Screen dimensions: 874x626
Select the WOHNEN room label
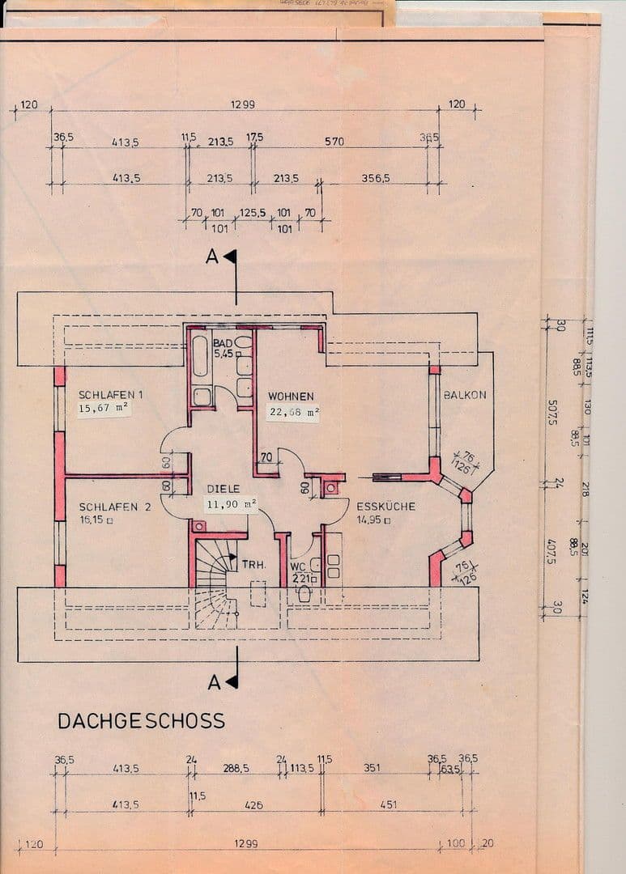291,397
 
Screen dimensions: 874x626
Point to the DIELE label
223,490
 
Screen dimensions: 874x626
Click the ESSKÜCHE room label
386,507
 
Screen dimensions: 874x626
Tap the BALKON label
465,395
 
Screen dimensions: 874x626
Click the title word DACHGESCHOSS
141,721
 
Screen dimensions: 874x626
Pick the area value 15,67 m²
104,409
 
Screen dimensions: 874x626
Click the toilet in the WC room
304,593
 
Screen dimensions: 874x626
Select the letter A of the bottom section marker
215,683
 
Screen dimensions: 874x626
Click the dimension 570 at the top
334,142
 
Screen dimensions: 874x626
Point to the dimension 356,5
376,178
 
